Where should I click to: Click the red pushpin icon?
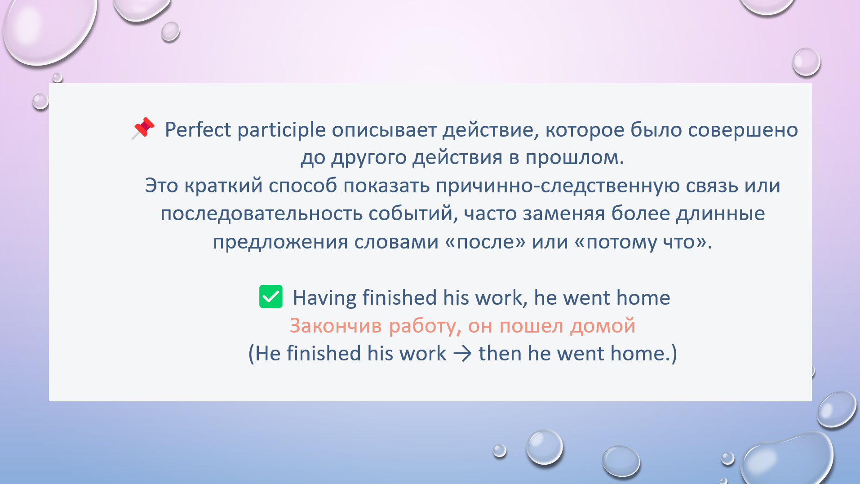(x=143, y=128)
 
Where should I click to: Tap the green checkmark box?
(x=271, y=297)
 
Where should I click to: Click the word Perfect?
(x=198, y=129)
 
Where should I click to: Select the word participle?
(x=281, y=130)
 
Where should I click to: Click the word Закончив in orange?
(x=336, y=326)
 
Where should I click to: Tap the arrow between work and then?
(x=462, y=354)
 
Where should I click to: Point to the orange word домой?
(x=603, y=326)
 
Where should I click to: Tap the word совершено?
(x=743, y=130)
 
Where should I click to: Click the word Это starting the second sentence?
(x=161, y=186)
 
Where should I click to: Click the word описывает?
(x=384, y=130)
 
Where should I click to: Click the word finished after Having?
(x=399, y=298)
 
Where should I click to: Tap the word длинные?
(x=720, y=214)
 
